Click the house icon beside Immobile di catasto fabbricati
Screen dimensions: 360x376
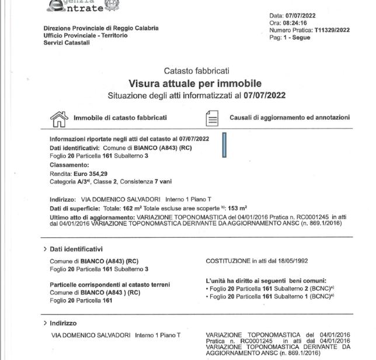coord(59,119)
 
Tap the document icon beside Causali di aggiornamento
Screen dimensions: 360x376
coord(212,119)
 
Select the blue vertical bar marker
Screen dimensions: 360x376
coord(224,145)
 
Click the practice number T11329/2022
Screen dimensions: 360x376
coord(333,30)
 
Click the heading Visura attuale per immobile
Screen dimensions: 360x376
coord(195,84)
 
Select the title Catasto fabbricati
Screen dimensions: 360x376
coord(196,71)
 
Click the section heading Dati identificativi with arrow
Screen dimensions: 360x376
coord(73,249)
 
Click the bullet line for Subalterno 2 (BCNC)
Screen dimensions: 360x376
coord(271,288)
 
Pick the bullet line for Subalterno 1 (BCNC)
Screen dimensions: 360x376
coord(271,296)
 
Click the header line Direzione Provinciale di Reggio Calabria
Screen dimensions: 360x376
coord(101,28)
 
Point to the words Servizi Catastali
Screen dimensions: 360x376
coord(67,43)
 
